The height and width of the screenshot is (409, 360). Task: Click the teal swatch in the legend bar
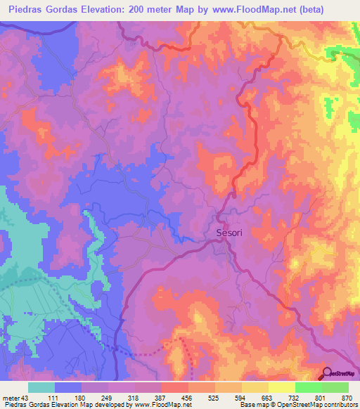coord(41,388)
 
